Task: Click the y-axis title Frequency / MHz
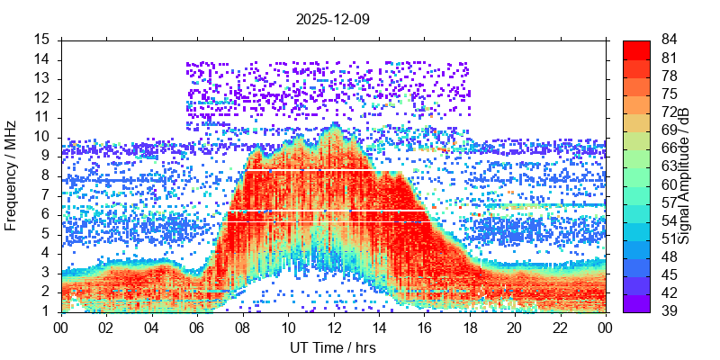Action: click(x=11, y=175)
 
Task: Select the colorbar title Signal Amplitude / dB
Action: click(x=684, y=175)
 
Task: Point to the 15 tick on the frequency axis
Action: click(x=42, y=40)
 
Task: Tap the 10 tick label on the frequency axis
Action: click(x=42, y=137)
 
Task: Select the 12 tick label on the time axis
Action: click(x=333, y=328)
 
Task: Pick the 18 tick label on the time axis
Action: click(x=469, y=328)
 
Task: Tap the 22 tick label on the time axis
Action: click(x=559, y=328)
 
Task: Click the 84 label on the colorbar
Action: click(x=668, y=40)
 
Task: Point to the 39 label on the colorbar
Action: click(x=668, y=311)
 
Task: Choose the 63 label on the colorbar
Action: click(x=668, y=166)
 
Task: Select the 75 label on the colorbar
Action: click(x=668, y=94)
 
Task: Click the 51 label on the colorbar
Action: click(x=668, y=239)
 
